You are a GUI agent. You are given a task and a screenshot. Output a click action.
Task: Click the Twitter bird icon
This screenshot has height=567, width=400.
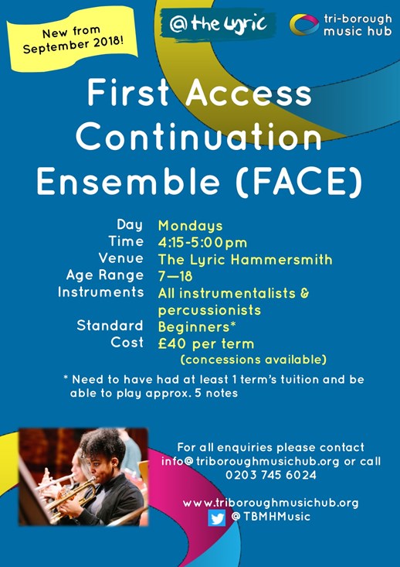click(217, 517)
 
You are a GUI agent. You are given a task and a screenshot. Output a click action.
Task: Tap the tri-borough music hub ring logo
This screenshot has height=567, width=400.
click(304, 25)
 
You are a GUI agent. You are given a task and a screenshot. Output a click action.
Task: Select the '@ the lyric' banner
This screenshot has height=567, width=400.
click(218, 24)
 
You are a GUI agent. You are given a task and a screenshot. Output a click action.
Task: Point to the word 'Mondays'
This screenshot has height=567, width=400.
click(190, 226)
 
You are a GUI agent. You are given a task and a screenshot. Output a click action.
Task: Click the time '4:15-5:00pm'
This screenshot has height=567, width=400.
click(202, 243)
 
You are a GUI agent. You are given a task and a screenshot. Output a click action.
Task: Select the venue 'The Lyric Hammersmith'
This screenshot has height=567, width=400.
click(245, 259)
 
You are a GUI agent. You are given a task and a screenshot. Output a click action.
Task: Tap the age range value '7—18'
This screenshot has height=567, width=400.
click(175, 277)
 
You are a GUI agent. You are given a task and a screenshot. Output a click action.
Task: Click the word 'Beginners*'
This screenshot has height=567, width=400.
click(197, 327)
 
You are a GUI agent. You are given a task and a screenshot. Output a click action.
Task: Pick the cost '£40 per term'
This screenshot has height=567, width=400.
click(205, 343)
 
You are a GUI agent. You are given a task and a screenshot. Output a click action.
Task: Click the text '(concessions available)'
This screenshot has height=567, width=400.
click(253, 360)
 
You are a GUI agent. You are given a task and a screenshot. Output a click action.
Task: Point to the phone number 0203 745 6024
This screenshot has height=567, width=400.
click(271, 475)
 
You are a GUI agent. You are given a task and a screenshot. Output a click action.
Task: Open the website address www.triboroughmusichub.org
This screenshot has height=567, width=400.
click(271, 503)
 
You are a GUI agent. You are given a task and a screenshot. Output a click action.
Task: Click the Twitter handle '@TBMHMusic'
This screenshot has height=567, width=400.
click(271, 517)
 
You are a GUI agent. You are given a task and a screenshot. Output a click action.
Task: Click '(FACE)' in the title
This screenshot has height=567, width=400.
click(299, 181)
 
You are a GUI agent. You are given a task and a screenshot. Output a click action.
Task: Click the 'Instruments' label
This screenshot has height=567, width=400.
click(100, 292)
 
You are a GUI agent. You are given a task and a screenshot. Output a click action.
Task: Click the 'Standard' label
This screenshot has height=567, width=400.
click(110, 326)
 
